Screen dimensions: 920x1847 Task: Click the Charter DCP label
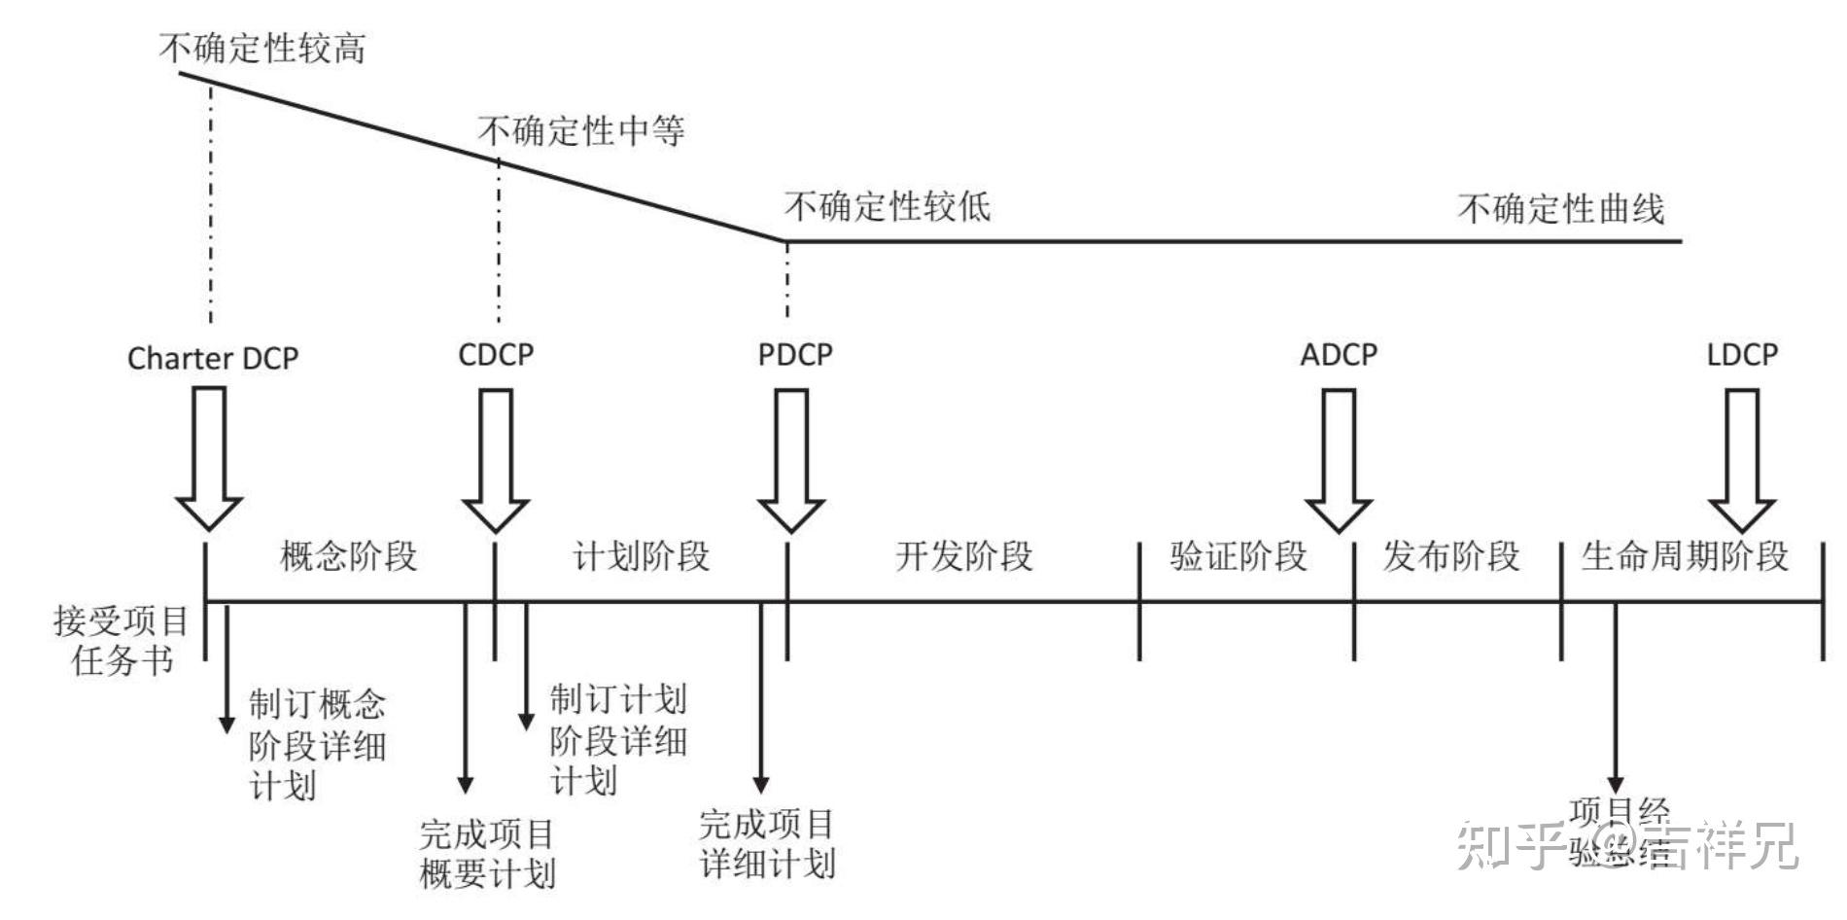click(x=213, y=359)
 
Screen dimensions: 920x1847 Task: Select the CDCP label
click(x=496, y=355)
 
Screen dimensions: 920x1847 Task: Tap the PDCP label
click(x=795, y=355)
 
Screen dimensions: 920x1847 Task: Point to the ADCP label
click(x=1339, y=355)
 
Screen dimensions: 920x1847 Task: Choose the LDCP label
click(x=1742, y=355)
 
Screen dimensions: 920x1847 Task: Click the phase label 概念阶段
click(x=348, y=556)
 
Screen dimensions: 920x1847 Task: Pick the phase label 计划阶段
click(x=641, y=556)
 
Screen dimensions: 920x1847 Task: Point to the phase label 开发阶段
click(x=963, y=556)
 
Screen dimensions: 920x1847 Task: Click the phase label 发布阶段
click(x=1450, y=556)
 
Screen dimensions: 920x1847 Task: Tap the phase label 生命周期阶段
click(x=1685, y=556)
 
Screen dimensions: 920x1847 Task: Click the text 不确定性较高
click(x=262, y=48)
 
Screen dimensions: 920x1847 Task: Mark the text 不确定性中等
click(x=580, y=130)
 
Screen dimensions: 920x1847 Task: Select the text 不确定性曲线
click(x=1560, y=208)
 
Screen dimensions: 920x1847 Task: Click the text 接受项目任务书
click(x=122, y=641)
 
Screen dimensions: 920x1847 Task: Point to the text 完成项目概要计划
click(x=487, y=854)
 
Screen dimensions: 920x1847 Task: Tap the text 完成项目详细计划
click(x=767, y=844)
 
